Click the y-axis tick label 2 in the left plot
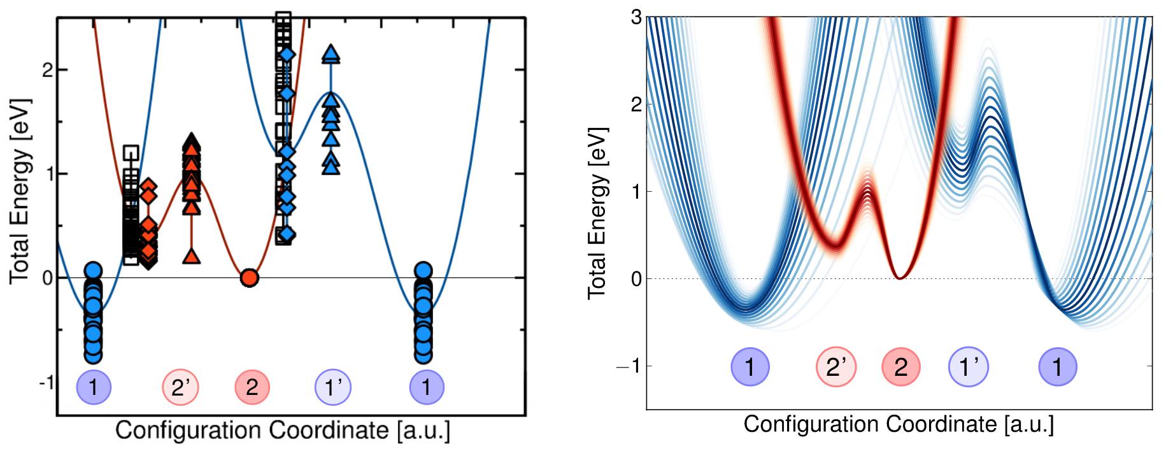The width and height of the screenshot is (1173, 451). click(47, 69)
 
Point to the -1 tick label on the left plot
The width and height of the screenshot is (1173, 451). click(45, 382)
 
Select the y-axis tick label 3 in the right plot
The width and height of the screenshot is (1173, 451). click(636, 17)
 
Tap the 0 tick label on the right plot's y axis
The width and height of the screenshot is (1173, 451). click(636, 279)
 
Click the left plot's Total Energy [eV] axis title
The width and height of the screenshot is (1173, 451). click(20, 191)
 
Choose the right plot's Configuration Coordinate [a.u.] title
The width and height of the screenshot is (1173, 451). click(898, 424)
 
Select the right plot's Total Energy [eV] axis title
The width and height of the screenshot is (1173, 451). click(597, 213)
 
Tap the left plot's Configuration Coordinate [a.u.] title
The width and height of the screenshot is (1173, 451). click(283, 431)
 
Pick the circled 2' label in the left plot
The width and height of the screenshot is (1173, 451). click(181, 387)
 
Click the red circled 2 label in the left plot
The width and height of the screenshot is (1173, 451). click(252, 387)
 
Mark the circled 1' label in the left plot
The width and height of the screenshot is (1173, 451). click(333, 387)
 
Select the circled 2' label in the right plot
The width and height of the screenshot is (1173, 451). click(836, 367)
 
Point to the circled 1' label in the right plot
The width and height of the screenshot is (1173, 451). click(969, 367)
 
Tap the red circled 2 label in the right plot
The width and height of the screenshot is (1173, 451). click(900, 367)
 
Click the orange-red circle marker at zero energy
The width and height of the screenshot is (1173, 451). click(250, 278)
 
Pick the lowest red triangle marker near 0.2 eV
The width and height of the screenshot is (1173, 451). click(192, 257)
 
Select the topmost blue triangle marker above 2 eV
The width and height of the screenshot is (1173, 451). click(331, 54)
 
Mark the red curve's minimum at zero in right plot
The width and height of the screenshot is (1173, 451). click(899, 277)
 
